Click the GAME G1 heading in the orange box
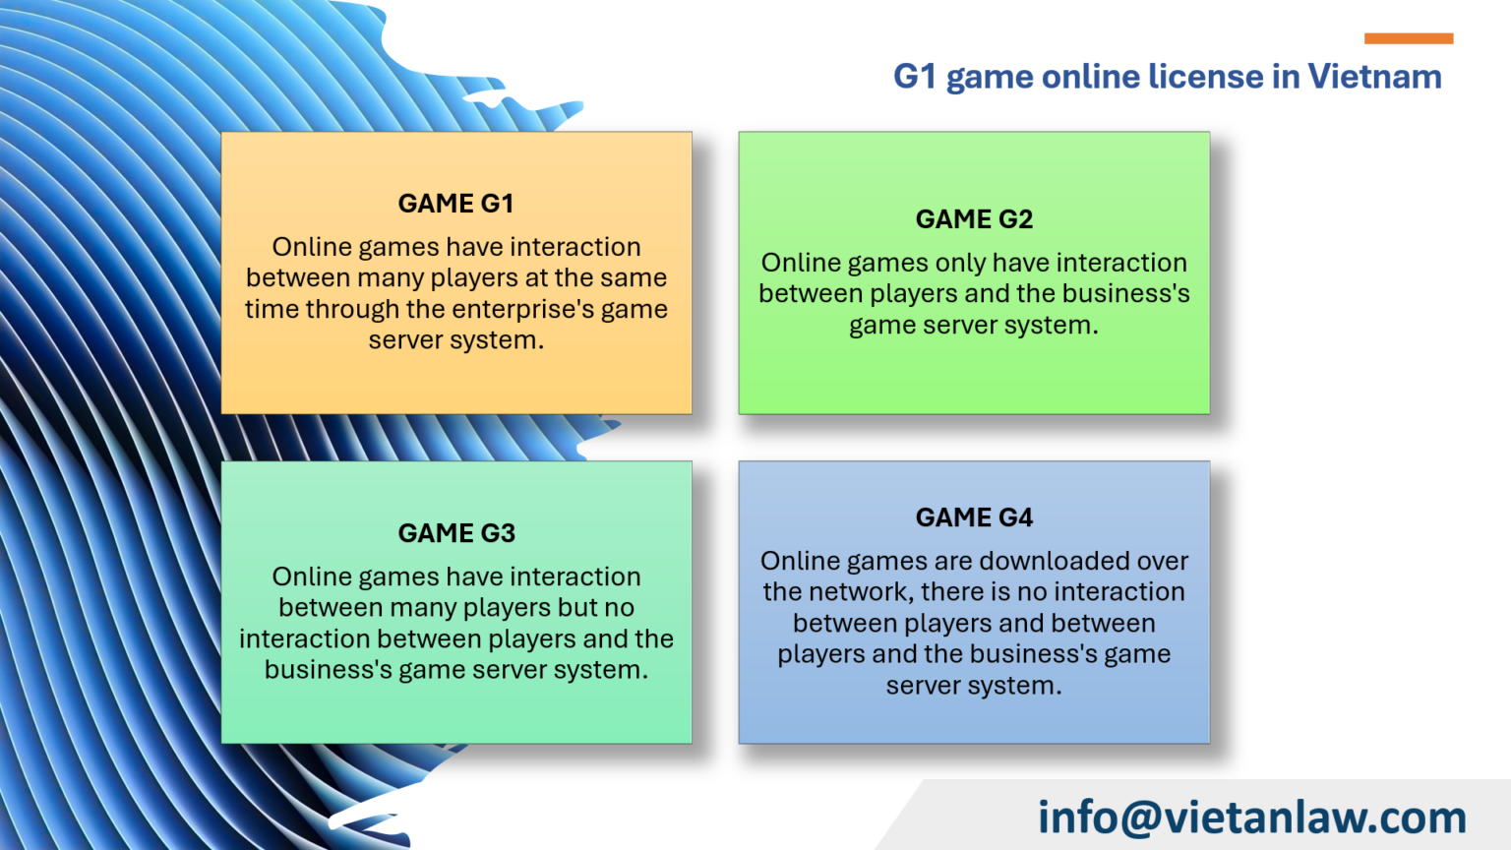455,204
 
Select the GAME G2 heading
974,219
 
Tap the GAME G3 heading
456,533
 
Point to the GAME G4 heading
974,517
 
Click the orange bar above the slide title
1408,38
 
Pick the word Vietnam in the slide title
1374,77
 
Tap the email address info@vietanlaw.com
1251,818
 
